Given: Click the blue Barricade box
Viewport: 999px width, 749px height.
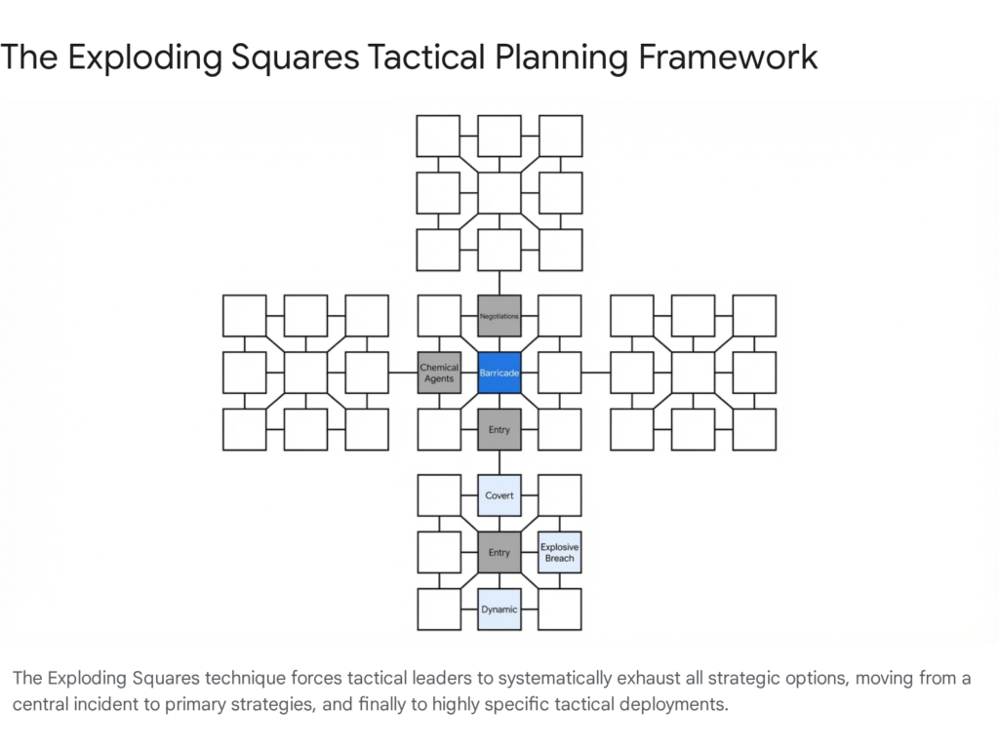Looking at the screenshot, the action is [x=499, y=373].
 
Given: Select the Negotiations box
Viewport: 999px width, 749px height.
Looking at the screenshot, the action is [x=499, y=316].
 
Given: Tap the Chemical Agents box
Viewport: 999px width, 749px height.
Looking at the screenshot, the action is [x=439, y=373].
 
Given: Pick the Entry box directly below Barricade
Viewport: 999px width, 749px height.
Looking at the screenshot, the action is [x=499, y=429].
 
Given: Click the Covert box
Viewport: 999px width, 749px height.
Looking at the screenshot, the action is [x=499, y=495].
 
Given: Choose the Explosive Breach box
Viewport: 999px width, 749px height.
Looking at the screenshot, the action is [x=560, y=552].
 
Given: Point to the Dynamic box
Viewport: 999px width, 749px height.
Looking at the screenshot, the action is [x=499, y=610].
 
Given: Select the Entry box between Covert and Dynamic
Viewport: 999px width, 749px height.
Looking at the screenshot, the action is [x=499, y=552].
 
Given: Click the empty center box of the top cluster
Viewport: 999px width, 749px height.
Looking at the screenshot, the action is [x=499, y=193].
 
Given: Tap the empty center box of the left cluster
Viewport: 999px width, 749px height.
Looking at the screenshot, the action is [x=305, y=373].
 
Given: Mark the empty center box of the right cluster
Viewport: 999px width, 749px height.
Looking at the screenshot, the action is [x=693, y=373].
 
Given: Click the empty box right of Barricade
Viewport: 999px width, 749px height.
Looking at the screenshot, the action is [x=559, y=373].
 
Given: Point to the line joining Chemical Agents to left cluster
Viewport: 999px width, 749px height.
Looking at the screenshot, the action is [x=403, y=373].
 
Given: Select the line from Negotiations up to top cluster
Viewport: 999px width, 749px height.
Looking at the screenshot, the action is [x=499, y=283].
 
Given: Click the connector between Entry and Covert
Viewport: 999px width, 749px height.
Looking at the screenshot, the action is [x=499, y=462].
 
